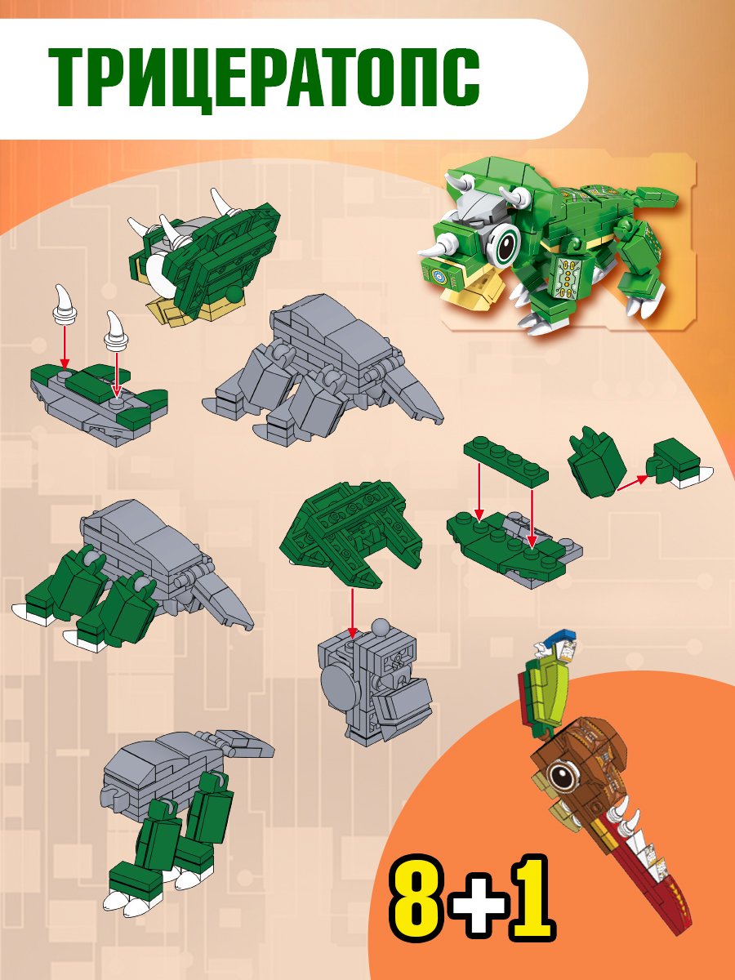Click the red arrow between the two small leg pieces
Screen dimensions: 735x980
[632, 483]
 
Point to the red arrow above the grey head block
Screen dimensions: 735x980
[353, 613]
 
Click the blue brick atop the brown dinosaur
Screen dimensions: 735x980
[558, 635]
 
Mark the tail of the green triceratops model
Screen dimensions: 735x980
[657, 195]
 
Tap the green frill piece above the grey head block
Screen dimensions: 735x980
[351, 533]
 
